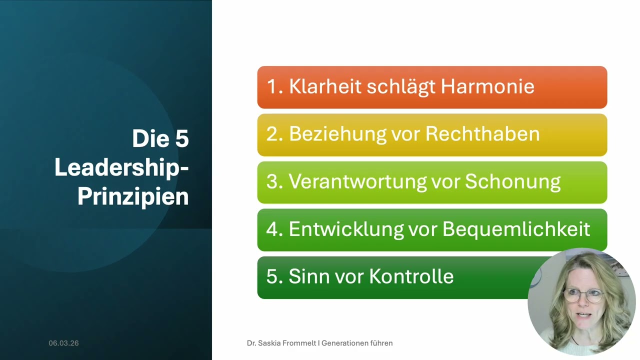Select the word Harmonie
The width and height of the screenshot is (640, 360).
coord(487,87)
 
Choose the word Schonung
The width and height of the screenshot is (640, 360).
coord(512,182)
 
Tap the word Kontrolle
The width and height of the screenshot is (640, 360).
coord(411,277)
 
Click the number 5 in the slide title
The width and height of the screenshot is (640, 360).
coord(182,138)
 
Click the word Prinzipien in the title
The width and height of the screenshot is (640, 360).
coord(133,196)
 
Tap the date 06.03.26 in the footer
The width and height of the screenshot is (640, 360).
coord(63,343)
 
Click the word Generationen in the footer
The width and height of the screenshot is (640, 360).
coord(346,343)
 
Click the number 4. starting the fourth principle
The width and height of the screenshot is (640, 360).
coord(275,229)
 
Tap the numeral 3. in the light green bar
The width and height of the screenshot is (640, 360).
coord(275,182)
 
